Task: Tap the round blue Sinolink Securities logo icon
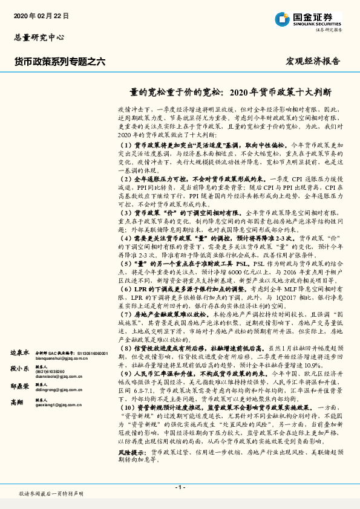(282, 19)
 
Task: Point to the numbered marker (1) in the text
(125, 146)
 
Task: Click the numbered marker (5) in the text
(125, 264)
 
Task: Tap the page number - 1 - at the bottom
(180, 487)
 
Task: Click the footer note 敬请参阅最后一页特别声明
(51, 494)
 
